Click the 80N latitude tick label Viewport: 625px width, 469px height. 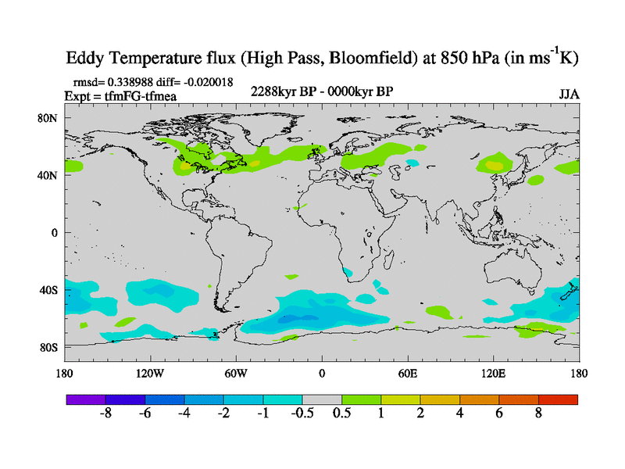(48, 118)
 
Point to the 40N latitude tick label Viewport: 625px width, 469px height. (48, 175)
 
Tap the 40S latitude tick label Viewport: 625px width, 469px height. (48, 290)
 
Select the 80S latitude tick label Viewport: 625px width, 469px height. (48, 347)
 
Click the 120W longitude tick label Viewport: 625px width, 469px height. (149, 373)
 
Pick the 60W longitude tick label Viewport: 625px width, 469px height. (235, 373)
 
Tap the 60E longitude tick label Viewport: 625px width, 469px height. (407, 373)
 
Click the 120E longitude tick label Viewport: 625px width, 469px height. (493, 373)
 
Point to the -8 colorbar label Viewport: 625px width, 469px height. (105, 414)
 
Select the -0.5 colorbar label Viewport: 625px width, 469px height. (302, 414)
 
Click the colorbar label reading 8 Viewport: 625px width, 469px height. (538, 414)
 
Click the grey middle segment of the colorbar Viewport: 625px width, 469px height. (322, 399)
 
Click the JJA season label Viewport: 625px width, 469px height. (569, 95)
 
